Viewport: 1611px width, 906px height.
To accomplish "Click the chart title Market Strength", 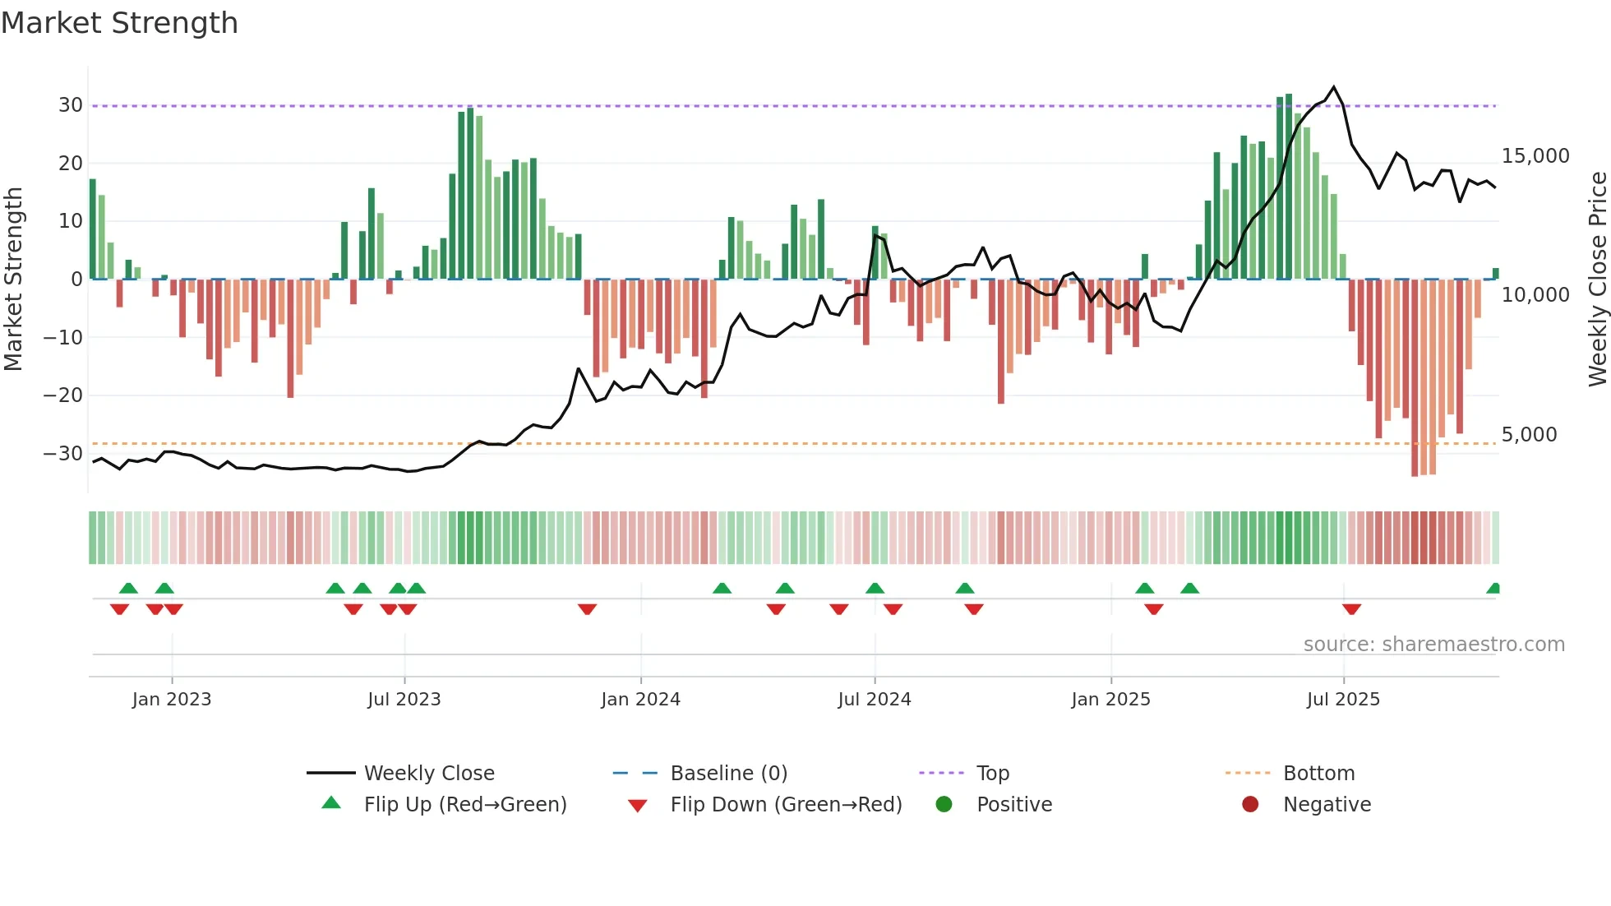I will pos(119,23).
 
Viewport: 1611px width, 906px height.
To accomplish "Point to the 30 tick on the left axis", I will pos(71,105).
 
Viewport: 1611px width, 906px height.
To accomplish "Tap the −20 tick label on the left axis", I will pos(63,395).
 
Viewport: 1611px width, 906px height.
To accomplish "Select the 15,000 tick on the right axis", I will pos(1535,156).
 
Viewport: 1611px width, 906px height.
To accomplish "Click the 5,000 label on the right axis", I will pos(1529,435).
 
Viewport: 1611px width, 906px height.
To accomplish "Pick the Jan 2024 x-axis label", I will pos(640,700).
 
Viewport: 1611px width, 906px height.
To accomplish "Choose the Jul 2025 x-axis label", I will pos(1343,700).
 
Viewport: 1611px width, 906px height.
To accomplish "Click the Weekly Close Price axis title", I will pos(1597,280).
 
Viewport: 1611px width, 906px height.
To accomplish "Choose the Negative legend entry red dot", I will pos(1250,805).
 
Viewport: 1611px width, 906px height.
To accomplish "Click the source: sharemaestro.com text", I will pos(1433,645).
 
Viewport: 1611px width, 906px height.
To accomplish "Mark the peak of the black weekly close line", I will pos(1334,87).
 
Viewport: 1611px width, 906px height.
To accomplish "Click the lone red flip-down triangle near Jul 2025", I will pos(1351,609).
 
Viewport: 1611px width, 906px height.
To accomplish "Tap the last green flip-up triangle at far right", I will pos(1493,589).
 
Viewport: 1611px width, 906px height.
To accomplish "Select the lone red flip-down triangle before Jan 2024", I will pos(587,609).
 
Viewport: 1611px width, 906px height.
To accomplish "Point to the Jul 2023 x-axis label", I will pos(404,700).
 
